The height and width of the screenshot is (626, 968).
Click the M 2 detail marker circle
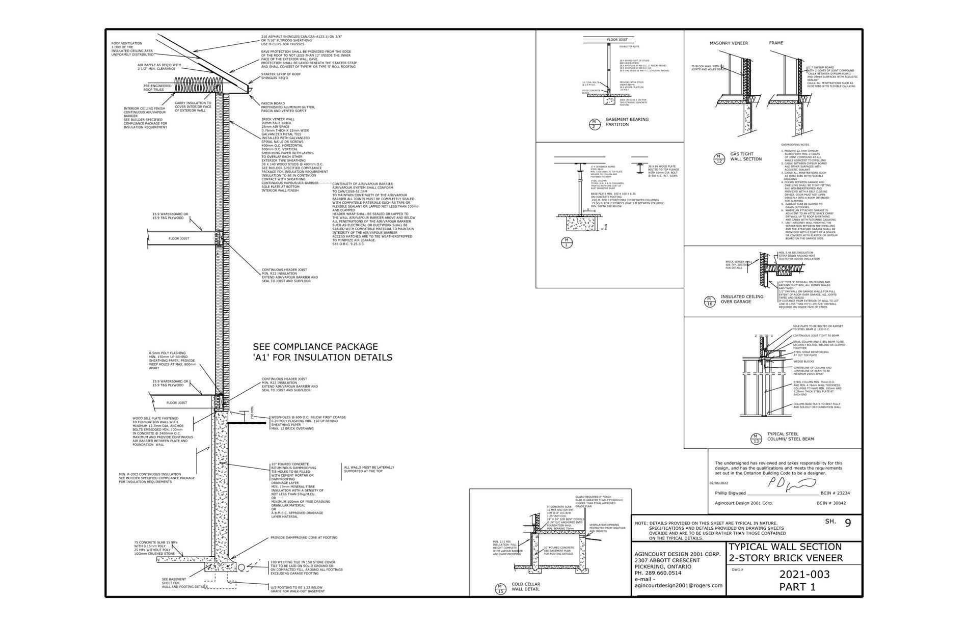click(x=594, y=124)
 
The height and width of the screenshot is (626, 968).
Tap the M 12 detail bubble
click(x=719, y=158)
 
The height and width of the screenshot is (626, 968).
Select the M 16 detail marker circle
click(x=709, y=301)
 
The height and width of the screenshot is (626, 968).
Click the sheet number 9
click(x=848, y=523)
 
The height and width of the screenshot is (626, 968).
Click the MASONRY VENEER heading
click(x=729, y=43)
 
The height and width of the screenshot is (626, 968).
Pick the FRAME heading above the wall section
click(x=776, y=43)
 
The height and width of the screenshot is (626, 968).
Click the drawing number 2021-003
click(x=804, y=575)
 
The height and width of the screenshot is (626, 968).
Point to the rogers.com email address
click(x=678, y=585)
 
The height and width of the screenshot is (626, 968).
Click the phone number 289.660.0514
click(x=662, y=573)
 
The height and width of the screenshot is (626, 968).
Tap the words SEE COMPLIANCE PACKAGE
click(x=315, y=347)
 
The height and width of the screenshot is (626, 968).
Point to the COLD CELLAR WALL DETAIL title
click(x=526, y=587)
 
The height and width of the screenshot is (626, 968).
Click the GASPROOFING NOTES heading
click(x=795, y=145)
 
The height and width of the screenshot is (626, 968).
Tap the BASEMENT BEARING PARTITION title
click(x=627, y=122)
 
